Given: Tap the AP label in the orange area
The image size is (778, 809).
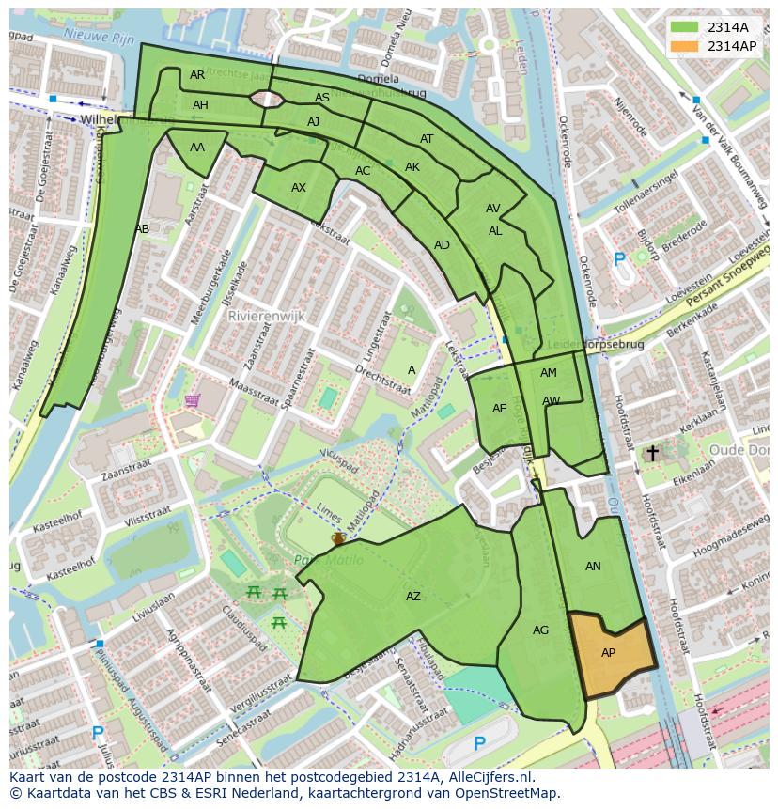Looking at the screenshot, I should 608,653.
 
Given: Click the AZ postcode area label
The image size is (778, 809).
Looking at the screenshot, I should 413,597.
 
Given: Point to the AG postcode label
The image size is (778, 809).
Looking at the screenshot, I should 540,630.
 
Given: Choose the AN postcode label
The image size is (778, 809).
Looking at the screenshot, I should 593,567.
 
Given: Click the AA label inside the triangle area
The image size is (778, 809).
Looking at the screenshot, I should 196,148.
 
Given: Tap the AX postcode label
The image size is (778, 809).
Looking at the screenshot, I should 299,188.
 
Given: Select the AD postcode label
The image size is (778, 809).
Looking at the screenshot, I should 442,245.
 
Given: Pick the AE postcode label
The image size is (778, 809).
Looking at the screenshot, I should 499,409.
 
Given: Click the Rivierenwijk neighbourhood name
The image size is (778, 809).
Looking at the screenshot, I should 267,317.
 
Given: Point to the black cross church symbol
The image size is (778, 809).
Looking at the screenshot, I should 652,453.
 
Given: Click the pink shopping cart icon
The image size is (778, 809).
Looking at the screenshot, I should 193,401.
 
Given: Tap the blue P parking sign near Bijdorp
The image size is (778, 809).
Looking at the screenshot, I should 619,259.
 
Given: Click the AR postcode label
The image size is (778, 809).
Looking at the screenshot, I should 197,75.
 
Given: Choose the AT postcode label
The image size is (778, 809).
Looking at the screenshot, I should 427,139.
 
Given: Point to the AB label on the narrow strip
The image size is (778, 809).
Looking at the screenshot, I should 142,229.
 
